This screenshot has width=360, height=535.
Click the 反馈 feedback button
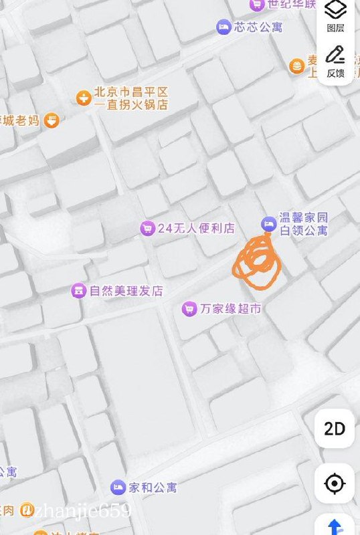coord(335,62)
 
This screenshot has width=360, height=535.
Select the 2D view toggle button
coord(335,429)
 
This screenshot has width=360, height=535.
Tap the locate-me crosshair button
coord(335,483)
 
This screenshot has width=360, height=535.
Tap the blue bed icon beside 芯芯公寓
coord(223,27)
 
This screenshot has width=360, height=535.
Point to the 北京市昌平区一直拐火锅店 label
coord(130,98)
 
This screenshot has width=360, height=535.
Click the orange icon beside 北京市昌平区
coord(83,98)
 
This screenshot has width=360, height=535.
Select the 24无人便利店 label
coord(196,228)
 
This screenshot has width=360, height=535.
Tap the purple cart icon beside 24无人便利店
coord(147,228)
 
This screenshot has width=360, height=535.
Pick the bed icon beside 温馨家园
coord(268,223)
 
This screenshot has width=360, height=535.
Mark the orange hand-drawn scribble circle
coord(257,262)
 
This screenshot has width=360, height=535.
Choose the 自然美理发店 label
coord(126,291)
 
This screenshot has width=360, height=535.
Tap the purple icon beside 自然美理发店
coord(79,291)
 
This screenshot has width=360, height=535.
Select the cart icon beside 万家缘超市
coord(189,309)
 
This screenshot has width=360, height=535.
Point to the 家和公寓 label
coord(153,487)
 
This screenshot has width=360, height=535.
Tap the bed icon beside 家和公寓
coord(118,487)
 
